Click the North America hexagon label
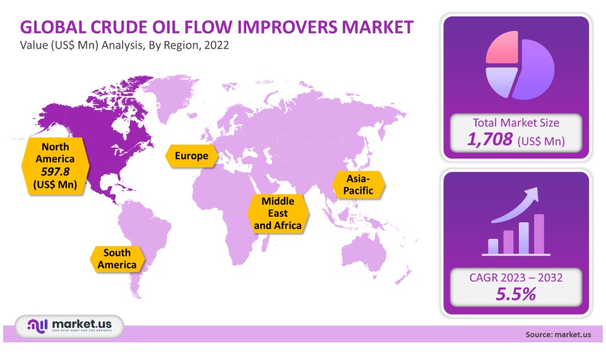(x=56, y=166)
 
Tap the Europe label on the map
(x=191, y=156)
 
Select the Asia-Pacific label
(x=359, y=184)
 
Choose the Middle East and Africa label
(x=278, y=213)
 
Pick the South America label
(x=117, y=259)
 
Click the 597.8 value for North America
(x=56, y=171)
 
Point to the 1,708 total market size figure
(x=490, y=139)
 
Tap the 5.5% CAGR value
(x=516, y=294)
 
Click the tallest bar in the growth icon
(x=538, y=234)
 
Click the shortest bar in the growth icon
(x=493, y=246)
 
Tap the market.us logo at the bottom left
(x=69, y=326)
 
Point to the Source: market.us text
(x=557, y=335)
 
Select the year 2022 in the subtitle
(x=217, y=45)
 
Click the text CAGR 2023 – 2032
(x=516, y=277)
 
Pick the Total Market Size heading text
(x=516, y=123)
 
